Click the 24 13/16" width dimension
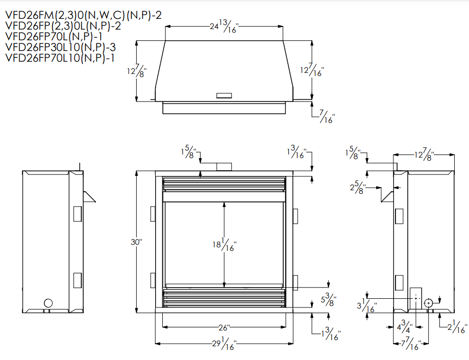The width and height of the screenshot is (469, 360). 223,27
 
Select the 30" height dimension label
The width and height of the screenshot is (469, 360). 136,242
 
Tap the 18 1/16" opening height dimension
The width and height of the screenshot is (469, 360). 225,244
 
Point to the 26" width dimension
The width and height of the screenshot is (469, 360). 224,328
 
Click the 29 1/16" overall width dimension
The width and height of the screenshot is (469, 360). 224,344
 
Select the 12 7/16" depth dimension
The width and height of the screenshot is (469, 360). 312,70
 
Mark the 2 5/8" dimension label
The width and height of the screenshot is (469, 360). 358,188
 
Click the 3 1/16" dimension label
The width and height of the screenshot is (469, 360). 367,305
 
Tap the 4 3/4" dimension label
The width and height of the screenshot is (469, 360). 405,326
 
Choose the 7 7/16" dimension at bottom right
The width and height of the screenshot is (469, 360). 411,344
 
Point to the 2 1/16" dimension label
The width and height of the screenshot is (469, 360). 457,326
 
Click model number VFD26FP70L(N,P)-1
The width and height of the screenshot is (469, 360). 54,36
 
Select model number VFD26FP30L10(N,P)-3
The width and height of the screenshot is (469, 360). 60,47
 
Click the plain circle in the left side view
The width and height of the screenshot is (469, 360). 48,303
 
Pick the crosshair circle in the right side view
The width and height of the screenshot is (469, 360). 428,303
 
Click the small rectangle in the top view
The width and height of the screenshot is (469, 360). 224,95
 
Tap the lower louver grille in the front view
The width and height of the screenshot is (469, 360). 224,298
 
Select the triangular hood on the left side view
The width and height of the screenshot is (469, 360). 89,197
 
